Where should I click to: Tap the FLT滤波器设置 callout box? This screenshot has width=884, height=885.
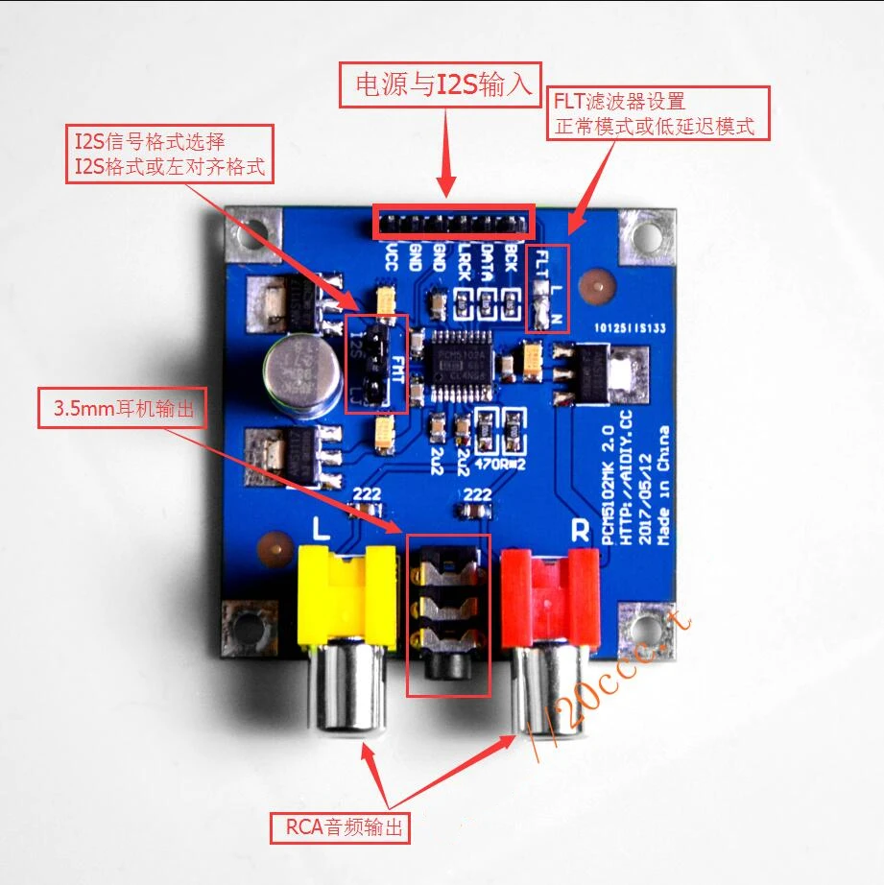(x=657, y=113)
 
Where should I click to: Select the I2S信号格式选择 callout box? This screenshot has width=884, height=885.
(x=168, y=154)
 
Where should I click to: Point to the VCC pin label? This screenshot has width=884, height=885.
(x=392, y=257)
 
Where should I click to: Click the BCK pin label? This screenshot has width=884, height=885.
(x=513, y=257)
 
